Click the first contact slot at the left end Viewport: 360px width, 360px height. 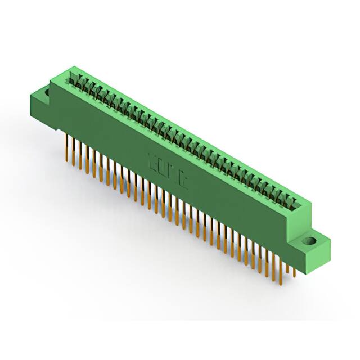click(x=73, y=76)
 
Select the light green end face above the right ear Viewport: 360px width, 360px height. click(x=303, y=219)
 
